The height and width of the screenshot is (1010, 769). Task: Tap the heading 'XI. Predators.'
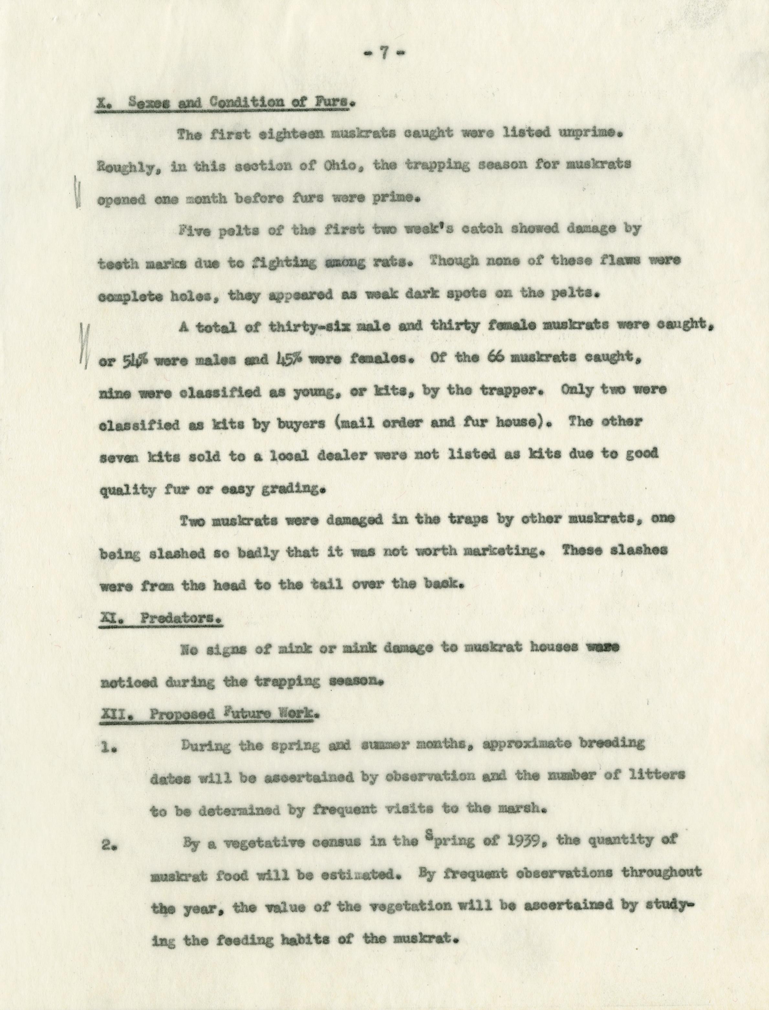pyautogui.click(x=161, y=618)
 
